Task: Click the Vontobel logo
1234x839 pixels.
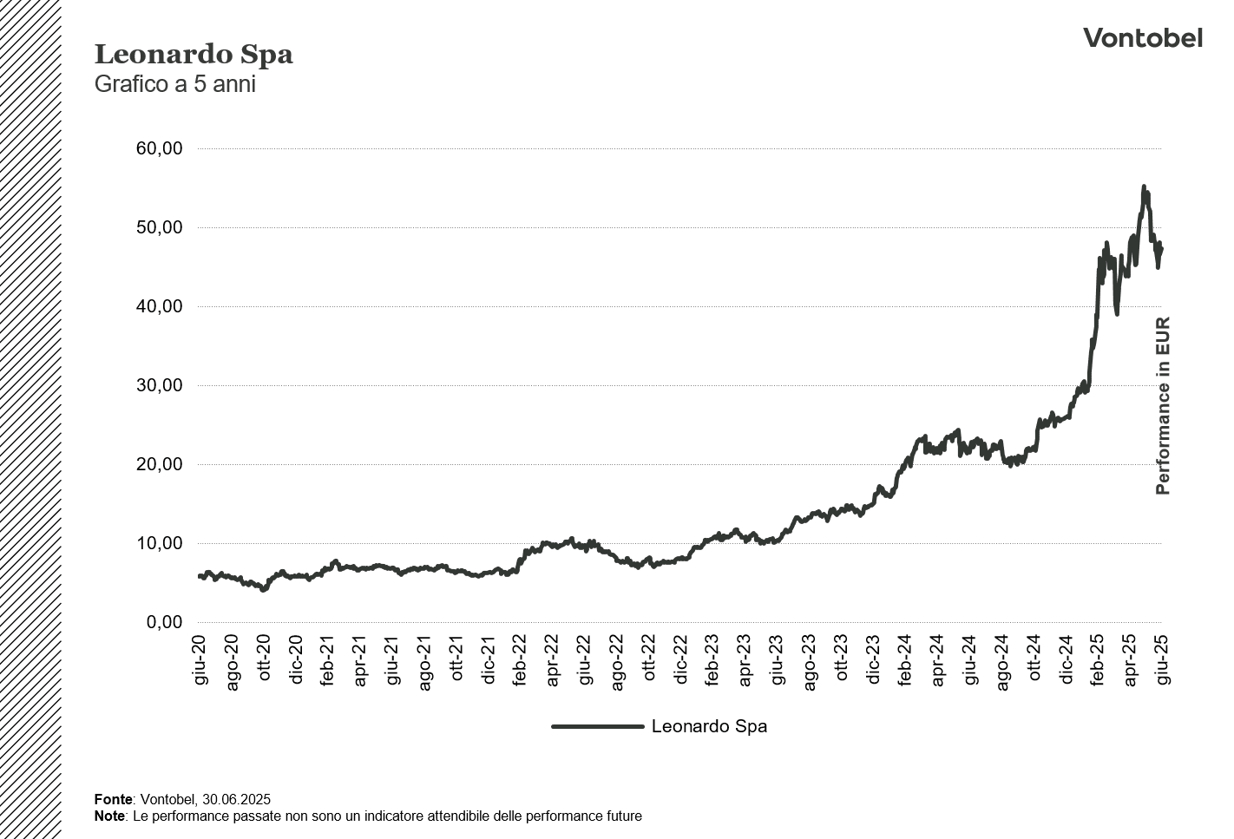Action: click(x=1142, y=38)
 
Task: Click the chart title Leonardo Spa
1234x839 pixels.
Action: click(x=194, y=55)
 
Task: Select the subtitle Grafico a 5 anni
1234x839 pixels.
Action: click(x=174, y=85)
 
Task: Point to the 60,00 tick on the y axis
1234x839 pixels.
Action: click(x=159, y=148)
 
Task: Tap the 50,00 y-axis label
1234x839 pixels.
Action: click(x=159, y=227)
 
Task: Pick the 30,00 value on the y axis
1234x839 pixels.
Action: click(x=159, y=385)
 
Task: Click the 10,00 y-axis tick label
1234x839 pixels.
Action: click(x=159, y=543)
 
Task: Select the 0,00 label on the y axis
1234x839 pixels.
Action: click(x=164, y=622)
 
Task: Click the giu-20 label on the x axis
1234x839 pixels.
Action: click(x=200, y=660)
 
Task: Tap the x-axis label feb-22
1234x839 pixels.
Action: click(x=520, y=660)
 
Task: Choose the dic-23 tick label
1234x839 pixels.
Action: click(x=873, y=660)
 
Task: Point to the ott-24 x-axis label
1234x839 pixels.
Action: click(x=1034, y=660)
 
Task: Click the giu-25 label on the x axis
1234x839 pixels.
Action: click(x=1162, y=660)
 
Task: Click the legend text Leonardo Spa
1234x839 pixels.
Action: click(x=709, y=726)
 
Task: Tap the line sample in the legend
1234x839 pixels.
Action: click(x=597, y=726)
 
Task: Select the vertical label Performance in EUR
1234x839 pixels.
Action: click(x=1163, y=406)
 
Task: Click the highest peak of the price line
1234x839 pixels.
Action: click(x=1144, y=187)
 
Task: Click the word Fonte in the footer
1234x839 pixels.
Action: click(x=113, y=799)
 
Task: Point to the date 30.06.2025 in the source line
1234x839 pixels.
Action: click(x=237, y=799)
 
